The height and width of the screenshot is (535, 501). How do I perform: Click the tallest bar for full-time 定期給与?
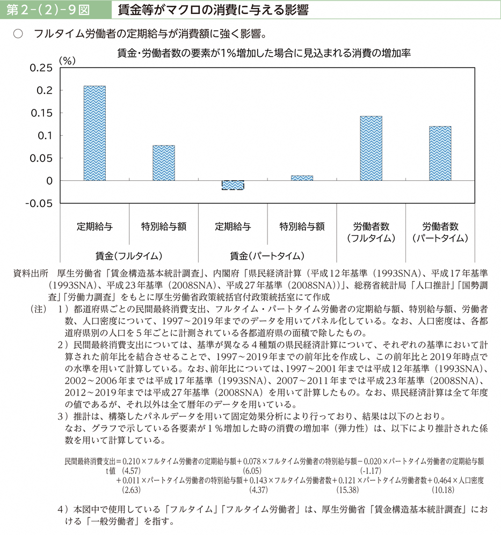(x=95, y=133)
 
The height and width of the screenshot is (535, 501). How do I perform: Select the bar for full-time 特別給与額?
(x=164, y=163)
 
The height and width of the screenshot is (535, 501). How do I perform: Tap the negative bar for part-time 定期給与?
(x=233, y=185)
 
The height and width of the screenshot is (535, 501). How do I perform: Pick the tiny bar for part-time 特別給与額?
(x=302, y=178)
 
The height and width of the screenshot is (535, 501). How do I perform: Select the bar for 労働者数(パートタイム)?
(x=440, y=153)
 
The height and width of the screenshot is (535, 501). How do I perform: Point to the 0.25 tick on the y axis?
(x=41, y=68)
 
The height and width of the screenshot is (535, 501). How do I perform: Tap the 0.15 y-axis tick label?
(x=41, y=113)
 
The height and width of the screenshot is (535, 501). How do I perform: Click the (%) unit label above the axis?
(x=68, y=60)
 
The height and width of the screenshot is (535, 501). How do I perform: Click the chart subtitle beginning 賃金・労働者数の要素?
(x=264, y=53)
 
